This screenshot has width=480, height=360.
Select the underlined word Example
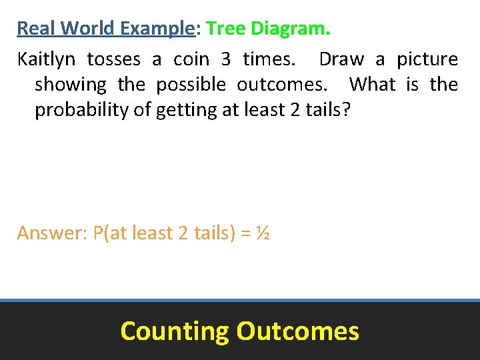pos(156,29)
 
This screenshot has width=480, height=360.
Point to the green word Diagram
pos(291,29)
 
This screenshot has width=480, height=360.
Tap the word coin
pos(191,59)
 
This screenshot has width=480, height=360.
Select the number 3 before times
pos(226,59)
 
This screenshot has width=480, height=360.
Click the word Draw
pos(341,59)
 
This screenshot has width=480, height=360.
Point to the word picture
pos(427,59)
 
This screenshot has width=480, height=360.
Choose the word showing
pos(71,85)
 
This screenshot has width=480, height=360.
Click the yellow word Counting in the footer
pos(174,331)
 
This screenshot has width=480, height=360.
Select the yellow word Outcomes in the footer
pos(297,331)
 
